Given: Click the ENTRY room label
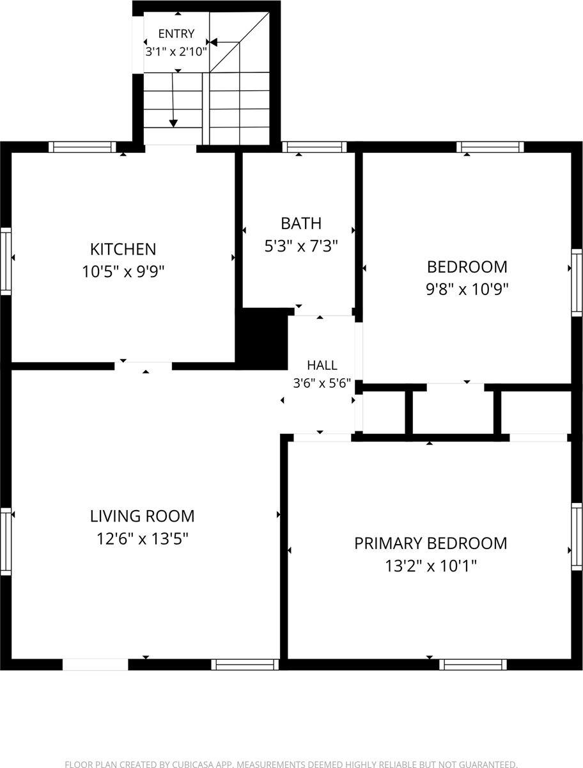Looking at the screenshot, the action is click(x=176, y=33).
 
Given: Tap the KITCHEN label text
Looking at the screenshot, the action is click(x=123, y=249).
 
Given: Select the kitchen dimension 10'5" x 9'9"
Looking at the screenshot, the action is click(x=123, y=271).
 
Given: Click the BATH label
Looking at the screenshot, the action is click(x=301, y=223).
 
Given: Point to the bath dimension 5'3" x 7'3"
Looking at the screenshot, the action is click(x=301, y=246).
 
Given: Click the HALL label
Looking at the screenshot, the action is click(x=322, y=365).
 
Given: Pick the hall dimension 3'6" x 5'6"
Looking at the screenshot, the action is click(x=322, y=383).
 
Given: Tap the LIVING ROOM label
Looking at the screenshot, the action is click(x=142, y=516).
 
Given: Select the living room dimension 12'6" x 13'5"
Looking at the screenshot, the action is click(x=142, y=538).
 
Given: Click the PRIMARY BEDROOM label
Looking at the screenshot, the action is click(x=431, y=543).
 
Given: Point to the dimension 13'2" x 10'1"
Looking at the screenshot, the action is click(x=431, y=566).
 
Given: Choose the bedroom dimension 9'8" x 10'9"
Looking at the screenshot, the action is click(x=467, y=289).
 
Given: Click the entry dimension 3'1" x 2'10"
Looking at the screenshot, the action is click(x=176, y=52).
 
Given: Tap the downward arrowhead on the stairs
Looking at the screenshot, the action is click(x=173, y=123).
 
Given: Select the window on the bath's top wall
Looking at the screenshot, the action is click(x=315, y=147).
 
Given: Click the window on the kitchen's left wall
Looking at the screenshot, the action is click(x=6, y=261).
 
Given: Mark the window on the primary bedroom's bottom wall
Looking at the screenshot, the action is click(x=473, y=664).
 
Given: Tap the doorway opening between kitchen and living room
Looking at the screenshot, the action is click(x=143, y=366).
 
